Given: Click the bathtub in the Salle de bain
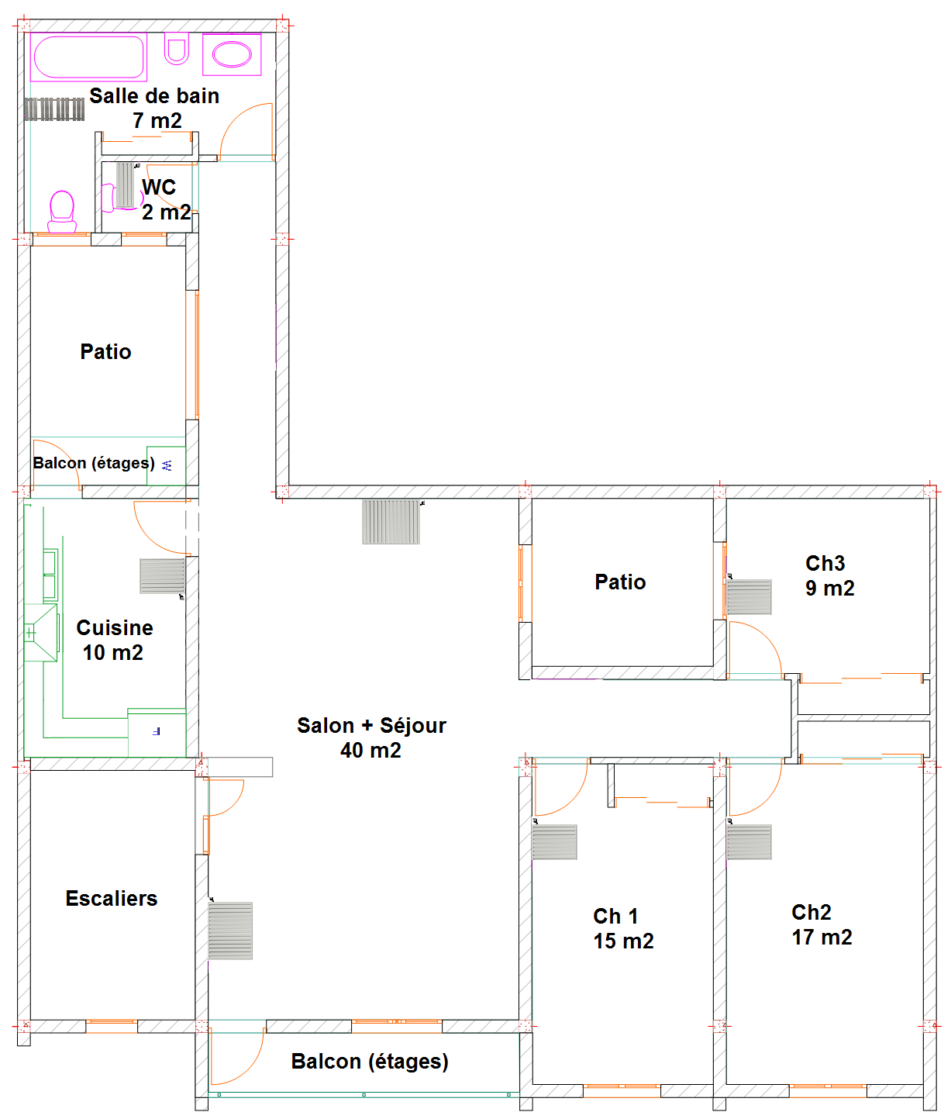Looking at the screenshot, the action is tap(88, 57).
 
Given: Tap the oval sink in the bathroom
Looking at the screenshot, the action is tap(232, 55).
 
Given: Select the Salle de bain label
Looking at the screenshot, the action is tap(154, 96).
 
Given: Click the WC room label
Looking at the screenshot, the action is tap(158, 187).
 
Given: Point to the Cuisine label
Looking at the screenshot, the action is tap(115, 627).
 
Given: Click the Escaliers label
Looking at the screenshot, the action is tap(112, 898).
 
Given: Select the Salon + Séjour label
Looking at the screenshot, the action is tap(371, 725).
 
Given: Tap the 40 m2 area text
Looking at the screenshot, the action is tap(370, 751).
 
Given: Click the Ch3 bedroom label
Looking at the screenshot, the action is tap(825, 563).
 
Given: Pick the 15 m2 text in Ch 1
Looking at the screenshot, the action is tap(623, 941).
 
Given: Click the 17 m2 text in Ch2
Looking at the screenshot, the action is tap(822, 937).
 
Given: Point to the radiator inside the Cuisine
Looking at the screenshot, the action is tap(162, 576).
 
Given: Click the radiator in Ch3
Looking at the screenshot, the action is tap(749, 597).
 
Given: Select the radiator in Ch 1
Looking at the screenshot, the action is tap(554, 842).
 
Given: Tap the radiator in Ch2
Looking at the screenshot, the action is tap(749, 842).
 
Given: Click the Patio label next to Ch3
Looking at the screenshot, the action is tap(620, 582).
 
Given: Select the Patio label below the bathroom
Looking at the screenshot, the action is tap(105, 351).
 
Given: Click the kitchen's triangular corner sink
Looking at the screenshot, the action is tap(41, 632).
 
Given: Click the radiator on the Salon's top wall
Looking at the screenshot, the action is tap(391, 522).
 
